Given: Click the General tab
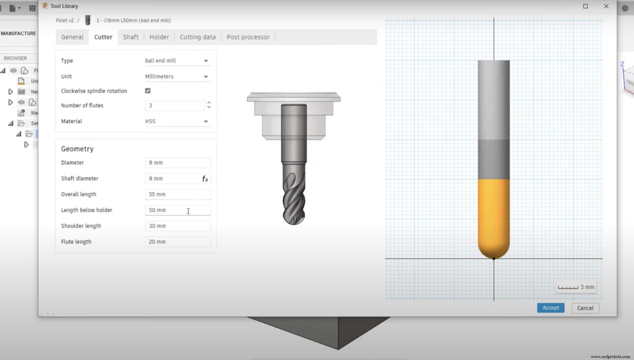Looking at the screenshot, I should click(72, 37).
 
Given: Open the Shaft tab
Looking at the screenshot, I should click(131, 37).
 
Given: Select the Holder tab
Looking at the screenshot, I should click(159, 37).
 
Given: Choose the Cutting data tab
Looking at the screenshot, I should click(197, 37).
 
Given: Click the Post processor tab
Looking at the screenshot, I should click(248, 37).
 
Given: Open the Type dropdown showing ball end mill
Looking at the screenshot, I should click(177, 61).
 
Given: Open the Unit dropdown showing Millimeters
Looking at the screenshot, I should click(177, 77).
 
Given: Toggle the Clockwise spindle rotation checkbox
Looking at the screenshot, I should click(148, 91).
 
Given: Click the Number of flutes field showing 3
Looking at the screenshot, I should click(174, 106).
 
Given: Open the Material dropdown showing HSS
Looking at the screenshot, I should click(177, 121).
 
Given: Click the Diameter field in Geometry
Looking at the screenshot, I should click(178, 163).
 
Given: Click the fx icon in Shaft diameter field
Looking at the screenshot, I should click(205, 179).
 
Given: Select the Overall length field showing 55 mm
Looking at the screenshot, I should click(178, 194).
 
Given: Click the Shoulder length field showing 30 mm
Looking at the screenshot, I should click(178, 226).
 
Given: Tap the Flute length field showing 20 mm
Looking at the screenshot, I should click(178, 242).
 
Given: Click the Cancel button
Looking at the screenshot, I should click(585, 308).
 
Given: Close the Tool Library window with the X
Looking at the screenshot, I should click(606, 6).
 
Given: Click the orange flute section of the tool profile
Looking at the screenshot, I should click(494, 214).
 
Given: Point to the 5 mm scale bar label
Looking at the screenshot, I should click(587, 287).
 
